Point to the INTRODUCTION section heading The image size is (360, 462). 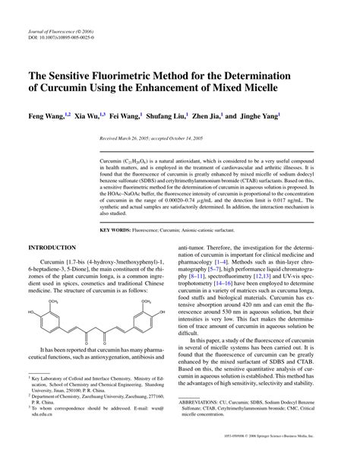click(x=52, y=248)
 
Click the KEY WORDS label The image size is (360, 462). click(x=115, y=229)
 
